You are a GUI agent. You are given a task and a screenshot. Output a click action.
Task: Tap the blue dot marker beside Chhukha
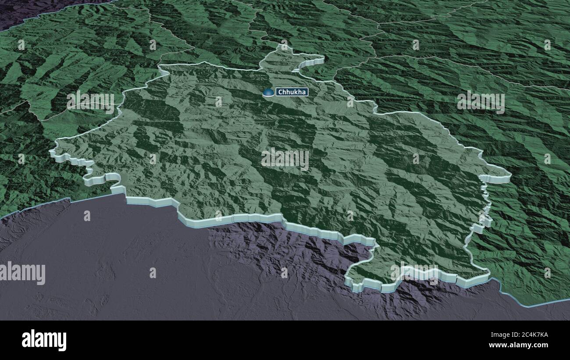point(267,93)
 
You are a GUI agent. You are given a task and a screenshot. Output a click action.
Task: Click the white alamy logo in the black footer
point(44,340)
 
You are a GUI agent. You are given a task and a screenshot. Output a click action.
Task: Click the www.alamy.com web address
point(523,345)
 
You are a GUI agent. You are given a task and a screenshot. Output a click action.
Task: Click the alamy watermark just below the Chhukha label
point(285,159)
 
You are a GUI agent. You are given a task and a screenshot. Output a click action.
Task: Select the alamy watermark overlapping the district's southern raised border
point(414,272)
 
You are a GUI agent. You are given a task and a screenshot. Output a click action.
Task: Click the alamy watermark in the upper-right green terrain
point(481,102)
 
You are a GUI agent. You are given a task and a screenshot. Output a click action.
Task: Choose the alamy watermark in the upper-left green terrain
point(90,102)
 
